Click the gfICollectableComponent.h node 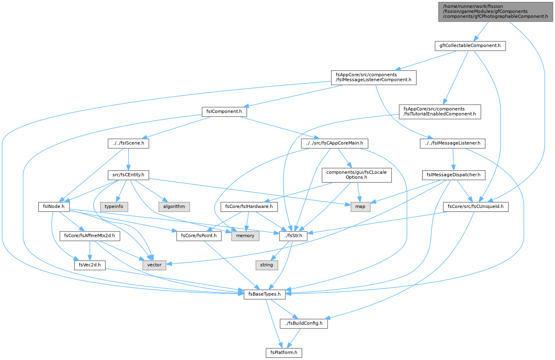(470, 46)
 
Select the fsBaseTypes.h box (264, 294)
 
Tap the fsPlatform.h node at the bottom (284, 353)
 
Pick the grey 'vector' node (154, 265)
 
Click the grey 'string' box (267, 265)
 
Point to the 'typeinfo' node (114, 207)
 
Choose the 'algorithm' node (174, 207)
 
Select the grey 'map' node (360, 207)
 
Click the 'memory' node (245, 236)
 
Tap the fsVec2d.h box (90, 265)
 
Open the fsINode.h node (54, 207)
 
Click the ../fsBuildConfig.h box (304, 323)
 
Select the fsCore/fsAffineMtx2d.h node (89, 236)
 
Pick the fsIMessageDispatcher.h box (453, 175)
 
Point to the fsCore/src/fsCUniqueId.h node (476, 207)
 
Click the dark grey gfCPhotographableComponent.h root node (495, 12)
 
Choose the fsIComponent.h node (224, 112)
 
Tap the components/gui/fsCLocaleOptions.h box (356, 175)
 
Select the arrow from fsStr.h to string (280, 250)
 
